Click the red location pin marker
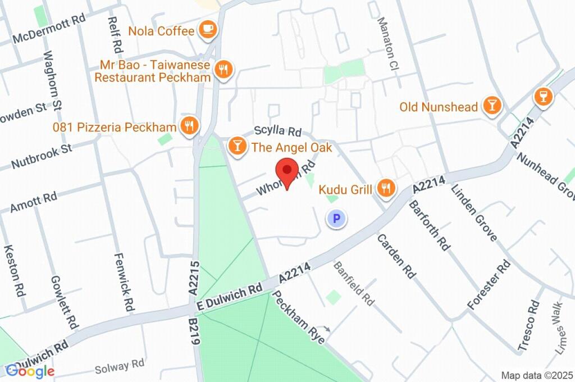pyautogui.click(x=288, y=171)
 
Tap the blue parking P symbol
pyautogui.click(x=336, y=219)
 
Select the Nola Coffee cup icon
pyautogui.click(x=208, y=30)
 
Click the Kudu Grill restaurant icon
pyautogui.click(x=385, y=189)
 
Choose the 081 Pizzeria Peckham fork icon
pyautogui.click(x=189, y=126)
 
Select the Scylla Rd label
pyautogui.click(x=277, y=131)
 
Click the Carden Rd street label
pyautogui.click(x=396, y=256)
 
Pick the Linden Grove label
pyautogui.click(x=473, y=212)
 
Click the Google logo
pyautogui.click(x=29, y=370)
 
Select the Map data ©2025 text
pyautogui.click(x=536, y=375)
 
